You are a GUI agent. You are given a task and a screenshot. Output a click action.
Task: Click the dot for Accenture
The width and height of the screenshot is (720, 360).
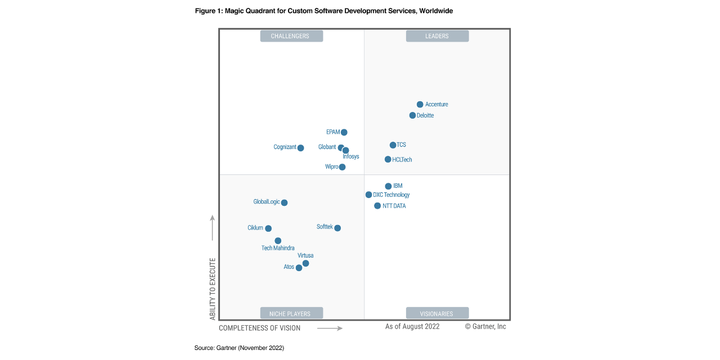click(420, 105)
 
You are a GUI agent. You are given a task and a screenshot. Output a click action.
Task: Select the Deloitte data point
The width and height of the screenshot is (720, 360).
click(412, 115)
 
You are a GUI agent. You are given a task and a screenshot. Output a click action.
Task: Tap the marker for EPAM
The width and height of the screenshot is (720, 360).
click(344, 133)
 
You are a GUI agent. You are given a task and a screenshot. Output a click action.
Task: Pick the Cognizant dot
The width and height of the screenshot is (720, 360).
click(300, 148)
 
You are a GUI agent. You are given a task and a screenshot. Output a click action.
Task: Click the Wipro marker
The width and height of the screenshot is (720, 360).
click(342, 167)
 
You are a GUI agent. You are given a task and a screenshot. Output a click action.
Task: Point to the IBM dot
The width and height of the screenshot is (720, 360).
click(388, 186)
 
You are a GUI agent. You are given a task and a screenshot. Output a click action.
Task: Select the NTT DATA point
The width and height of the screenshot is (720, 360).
click(377, 206)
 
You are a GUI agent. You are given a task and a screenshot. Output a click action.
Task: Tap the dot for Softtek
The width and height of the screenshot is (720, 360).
click(337, 228)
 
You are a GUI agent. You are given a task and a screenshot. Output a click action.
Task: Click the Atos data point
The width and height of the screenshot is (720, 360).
click(299, 268)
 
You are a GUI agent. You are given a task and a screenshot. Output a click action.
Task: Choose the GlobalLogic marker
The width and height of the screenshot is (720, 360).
click(284, 202)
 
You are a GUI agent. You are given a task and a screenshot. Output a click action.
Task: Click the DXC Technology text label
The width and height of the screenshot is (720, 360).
click(391, 195)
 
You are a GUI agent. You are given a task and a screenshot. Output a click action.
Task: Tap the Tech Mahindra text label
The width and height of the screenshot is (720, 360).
click(278, 248)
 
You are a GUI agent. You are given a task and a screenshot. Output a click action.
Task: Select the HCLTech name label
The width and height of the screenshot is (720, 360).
click(402, 160)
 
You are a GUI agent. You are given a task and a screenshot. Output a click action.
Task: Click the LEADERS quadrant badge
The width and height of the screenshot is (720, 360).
click(437, 36)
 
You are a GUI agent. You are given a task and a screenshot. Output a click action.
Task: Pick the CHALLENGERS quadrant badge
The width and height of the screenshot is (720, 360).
click(291, 36)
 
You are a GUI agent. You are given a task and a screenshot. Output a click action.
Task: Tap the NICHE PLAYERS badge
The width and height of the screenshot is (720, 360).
click(291, 313)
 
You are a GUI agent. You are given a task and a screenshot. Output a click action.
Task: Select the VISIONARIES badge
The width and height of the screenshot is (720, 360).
click(437, 313)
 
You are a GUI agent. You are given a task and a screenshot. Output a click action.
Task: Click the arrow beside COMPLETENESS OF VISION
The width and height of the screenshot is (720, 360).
click(330, 328)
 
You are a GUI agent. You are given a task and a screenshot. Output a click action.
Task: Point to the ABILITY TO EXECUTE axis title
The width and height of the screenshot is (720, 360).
click(213, 289)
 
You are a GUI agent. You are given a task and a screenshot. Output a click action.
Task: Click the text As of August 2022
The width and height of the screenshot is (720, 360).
click(412, 326)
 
